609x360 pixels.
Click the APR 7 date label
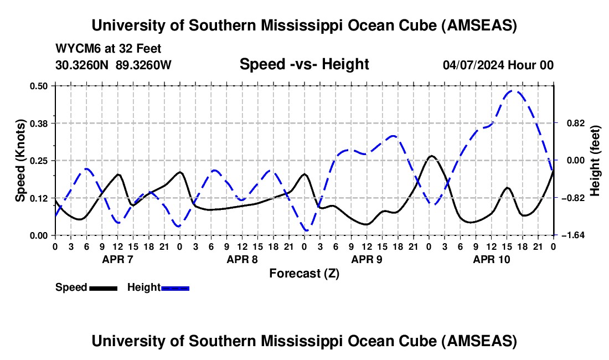[117, 259]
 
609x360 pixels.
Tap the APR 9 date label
[367, 259]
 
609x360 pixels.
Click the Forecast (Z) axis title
[304, 273]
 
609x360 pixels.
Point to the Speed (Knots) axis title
[20, 160]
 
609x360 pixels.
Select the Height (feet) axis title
[595, 161]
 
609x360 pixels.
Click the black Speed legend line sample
[103, 287]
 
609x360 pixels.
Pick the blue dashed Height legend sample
[176, 287]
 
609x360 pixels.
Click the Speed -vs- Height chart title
[304, 64]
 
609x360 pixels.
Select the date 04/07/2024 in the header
[474, 65]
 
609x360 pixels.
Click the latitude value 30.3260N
[83, 65]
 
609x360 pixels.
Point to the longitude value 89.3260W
[144, 65]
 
